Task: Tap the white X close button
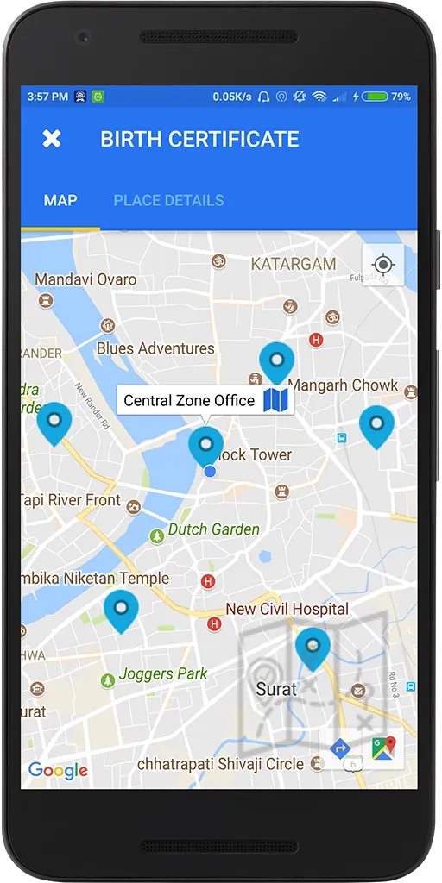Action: [x=52, y=139]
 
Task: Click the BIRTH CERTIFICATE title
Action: [x=199, y=139]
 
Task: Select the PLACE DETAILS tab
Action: [x=168, y=200]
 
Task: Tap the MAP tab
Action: [x=60, y=200]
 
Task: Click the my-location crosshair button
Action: [x=383, y=264]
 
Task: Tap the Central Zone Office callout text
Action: [x=189, y=400]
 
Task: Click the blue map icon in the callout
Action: [x=276, y=399]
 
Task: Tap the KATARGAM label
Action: [x=293, y=264]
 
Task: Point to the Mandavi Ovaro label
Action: [x=85, y=279]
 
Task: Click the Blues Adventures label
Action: [x=155, y=348]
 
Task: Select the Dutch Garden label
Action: [x=213, y=529]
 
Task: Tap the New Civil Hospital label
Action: [x=287, y=609]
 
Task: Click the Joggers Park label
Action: [x=163, y=674]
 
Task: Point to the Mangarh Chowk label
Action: [x=343, y=385]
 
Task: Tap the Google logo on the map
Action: [x=58, y=770]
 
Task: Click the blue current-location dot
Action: [x=210, y=471]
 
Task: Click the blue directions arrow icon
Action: [x=339, y=748]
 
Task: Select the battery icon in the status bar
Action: [x=376, y=97]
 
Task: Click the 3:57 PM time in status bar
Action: [x=47, y=97]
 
